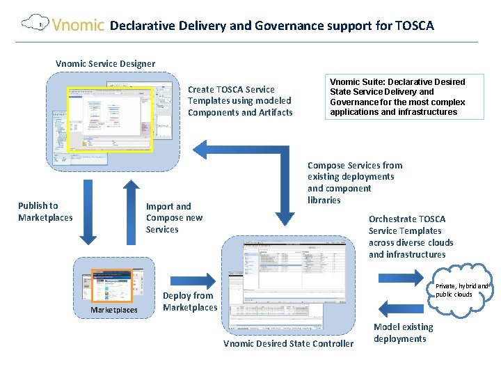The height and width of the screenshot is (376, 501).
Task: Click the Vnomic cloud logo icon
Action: point(33,24)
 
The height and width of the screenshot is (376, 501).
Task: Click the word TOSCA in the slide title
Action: point(414,26)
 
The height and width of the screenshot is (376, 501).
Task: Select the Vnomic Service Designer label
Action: point(105,64)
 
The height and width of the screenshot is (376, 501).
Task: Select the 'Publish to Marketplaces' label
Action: point(45,211)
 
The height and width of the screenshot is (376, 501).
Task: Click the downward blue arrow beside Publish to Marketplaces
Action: point(88,212)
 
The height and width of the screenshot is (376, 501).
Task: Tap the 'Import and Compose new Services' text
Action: point(174,217)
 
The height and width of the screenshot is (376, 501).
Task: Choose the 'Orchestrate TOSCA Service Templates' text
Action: point(411,237)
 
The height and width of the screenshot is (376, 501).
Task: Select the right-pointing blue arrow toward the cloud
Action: point(400,278)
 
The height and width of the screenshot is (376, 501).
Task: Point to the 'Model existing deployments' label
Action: point(403,333)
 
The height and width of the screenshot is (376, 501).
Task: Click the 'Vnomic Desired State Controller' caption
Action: point(288,343)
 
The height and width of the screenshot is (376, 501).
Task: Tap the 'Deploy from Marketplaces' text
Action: point(190,301)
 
